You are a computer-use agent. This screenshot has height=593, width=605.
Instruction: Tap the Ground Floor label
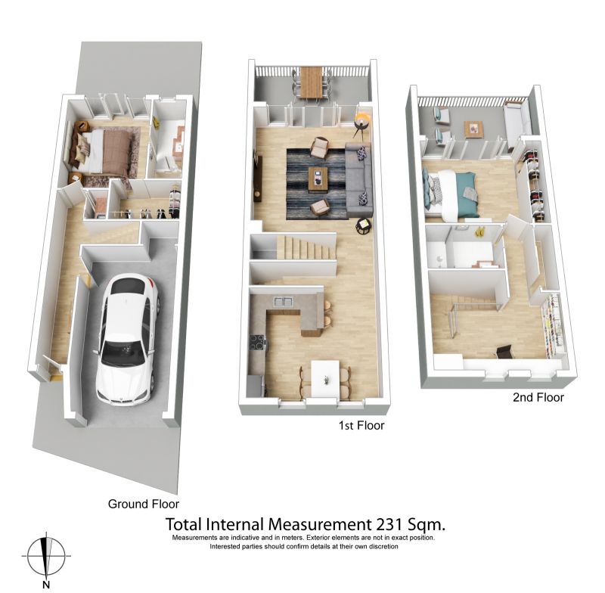[x=144, y=504]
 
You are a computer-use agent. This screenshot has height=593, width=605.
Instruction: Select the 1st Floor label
[x=361, y=426]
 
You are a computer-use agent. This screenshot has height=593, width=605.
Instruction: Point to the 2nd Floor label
[x=538, y=397]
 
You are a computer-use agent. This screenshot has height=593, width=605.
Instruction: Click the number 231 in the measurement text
[x=389, y=524]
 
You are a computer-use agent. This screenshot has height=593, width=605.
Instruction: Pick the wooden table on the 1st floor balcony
[x=311, y=82]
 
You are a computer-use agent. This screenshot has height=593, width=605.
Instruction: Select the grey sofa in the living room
[x=358, y=179]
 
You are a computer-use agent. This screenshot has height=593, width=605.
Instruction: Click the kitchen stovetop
[x=258, y=342]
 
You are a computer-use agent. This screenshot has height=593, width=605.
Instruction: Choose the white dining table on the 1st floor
[x=325, y=378]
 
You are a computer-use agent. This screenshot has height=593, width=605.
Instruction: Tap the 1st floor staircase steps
[x=306, y=247]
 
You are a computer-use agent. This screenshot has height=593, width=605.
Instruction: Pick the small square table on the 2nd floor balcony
[x=473, y=129]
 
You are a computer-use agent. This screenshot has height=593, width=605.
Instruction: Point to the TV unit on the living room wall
[x=257, y=179]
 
